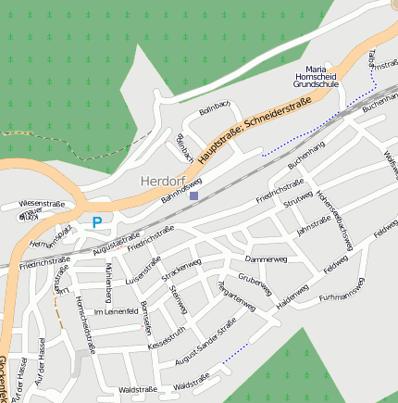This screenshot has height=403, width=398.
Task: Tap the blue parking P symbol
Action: pos(96,222)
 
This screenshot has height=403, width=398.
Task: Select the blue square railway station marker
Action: pos(193,195)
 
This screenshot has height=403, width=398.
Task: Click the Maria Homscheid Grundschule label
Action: pos(317,76)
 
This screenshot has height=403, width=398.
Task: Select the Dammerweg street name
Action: pos(267,258)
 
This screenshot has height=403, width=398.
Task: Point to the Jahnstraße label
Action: pos(313,223)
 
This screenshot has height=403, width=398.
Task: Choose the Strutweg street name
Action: pos(298,201)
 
